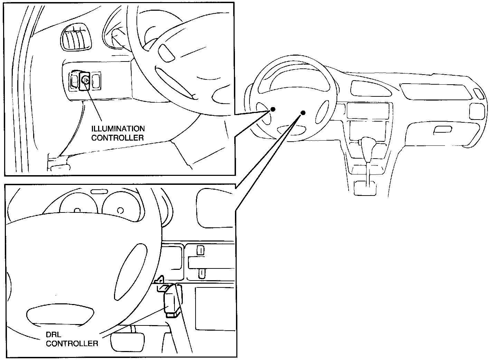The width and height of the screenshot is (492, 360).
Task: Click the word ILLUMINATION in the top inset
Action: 118,129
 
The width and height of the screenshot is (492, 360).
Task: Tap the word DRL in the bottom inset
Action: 54,335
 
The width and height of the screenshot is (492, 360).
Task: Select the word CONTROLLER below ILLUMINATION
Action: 117,138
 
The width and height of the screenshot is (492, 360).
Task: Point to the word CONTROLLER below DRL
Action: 72,343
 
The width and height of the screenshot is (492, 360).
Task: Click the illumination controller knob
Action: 85,80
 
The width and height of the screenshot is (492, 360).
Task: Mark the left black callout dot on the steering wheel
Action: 273,109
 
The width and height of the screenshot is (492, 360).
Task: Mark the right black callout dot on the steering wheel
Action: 303,113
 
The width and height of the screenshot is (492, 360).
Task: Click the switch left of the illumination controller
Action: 74,81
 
